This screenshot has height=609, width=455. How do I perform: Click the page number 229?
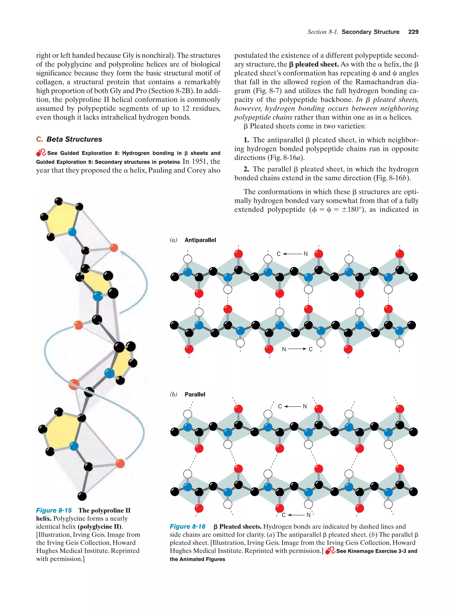click(x=413, y=32)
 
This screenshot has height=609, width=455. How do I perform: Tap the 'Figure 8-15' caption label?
click(x=54, y=510)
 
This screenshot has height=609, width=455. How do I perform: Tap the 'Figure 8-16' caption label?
click(x=188, y=526)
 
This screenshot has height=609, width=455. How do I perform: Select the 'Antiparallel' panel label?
click(x=200, y=240)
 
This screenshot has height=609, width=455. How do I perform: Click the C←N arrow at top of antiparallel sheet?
click(x=292, y=254)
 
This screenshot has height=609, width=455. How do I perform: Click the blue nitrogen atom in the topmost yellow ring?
click(x=72, y=232)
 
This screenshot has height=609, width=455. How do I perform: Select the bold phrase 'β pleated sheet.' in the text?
click(x=313, y=64)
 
